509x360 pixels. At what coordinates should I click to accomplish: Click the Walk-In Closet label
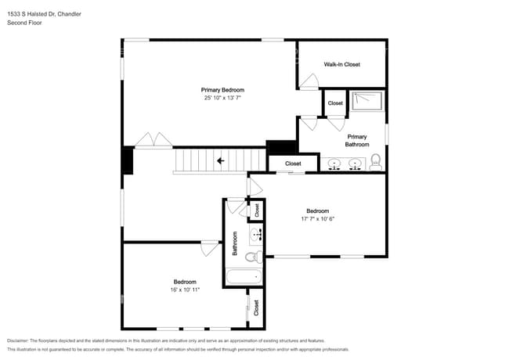(342, 64)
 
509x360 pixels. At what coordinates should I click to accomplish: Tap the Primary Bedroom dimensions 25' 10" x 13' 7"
(222, 98)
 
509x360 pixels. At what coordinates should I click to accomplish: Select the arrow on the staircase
(221, 160)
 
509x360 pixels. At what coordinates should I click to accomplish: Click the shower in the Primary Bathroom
(367, 102)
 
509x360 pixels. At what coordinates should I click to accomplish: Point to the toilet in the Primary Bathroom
(376, 162)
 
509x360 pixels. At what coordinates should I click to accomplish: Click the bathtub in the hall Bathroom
(244, 277)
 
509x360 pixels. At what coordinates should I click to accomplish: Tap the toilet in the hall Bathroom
(254, 257)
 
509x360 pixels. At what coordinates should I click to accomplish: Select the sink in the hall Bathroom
(256, 234)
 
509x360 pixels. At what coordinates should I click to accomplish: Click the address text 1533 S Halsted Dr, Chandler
(44, 14)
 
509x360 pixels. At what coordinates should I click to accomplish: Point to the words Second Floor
(24, 23)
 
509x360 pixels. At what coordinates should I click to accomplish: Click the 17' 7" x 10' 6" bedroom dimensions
(317, 219)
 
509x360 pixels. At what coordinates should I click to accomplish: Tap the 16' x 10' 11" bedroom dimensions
(185, 290)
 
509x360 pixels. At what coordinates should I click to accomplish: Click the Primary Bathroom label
(357, 141)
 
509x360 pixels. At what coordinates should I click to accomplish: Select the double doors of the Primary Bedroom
(153, 140)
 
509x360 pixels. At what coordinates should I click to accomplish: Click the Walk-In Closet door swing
(309, 81)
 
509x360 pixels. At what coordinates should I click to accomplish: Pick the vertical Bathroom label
(235, 243)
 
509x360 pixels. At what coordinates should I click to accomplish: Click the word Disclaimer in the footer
(18, 341)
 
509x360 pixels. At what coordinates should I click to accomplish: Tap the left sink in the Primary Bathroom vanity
(334, 164)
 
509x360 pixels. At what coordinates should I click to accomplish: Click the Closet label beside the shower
(335, 103)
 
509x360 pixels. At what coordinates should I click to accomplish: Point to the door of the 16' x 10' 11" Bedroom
(210, 248)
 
